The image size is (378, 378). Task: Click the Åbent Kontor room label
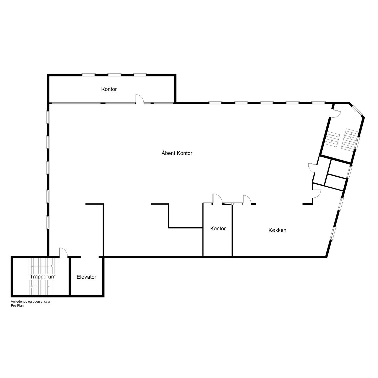pos(177,153)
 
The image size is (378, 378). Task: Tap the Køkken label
pos(277,230)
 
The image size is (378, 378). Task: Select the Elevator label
pos(86,277)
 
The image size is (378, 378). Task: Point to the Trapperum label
pos(43,277)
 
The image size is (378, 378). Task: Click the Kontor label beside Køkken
pos(218,228)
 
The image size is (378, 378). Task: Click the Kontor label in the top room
pos(109,89)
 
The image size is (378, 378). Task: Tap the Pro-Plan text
pos(17,306)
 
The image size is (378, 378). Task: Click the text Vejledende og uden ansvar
pos(31,302)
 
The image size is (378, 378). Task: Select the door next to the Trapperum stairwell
pos(63,252)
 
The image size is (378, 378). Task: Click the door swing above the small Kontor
pos(217,199)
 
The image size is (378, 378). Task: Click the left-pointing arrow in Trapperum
pos(40,266)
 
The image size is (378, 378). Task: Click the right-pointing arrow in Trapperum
pos(41,287)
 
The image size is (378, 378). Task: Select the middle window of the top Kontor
pos(114,75)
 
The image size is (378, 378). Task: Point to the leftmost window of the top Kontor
pos(89,75)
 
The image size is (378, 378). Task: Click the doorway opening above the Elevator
pos(90,256)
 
